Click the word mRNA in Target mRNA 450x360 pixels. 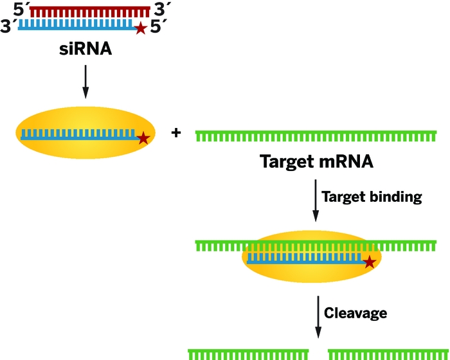pos(341,161)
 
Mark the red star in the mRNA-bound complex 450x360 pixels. pos(370,262)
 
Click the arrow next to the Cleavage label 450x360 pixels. pos(317,316)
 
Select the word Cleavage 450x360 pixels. pos(355,313)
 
